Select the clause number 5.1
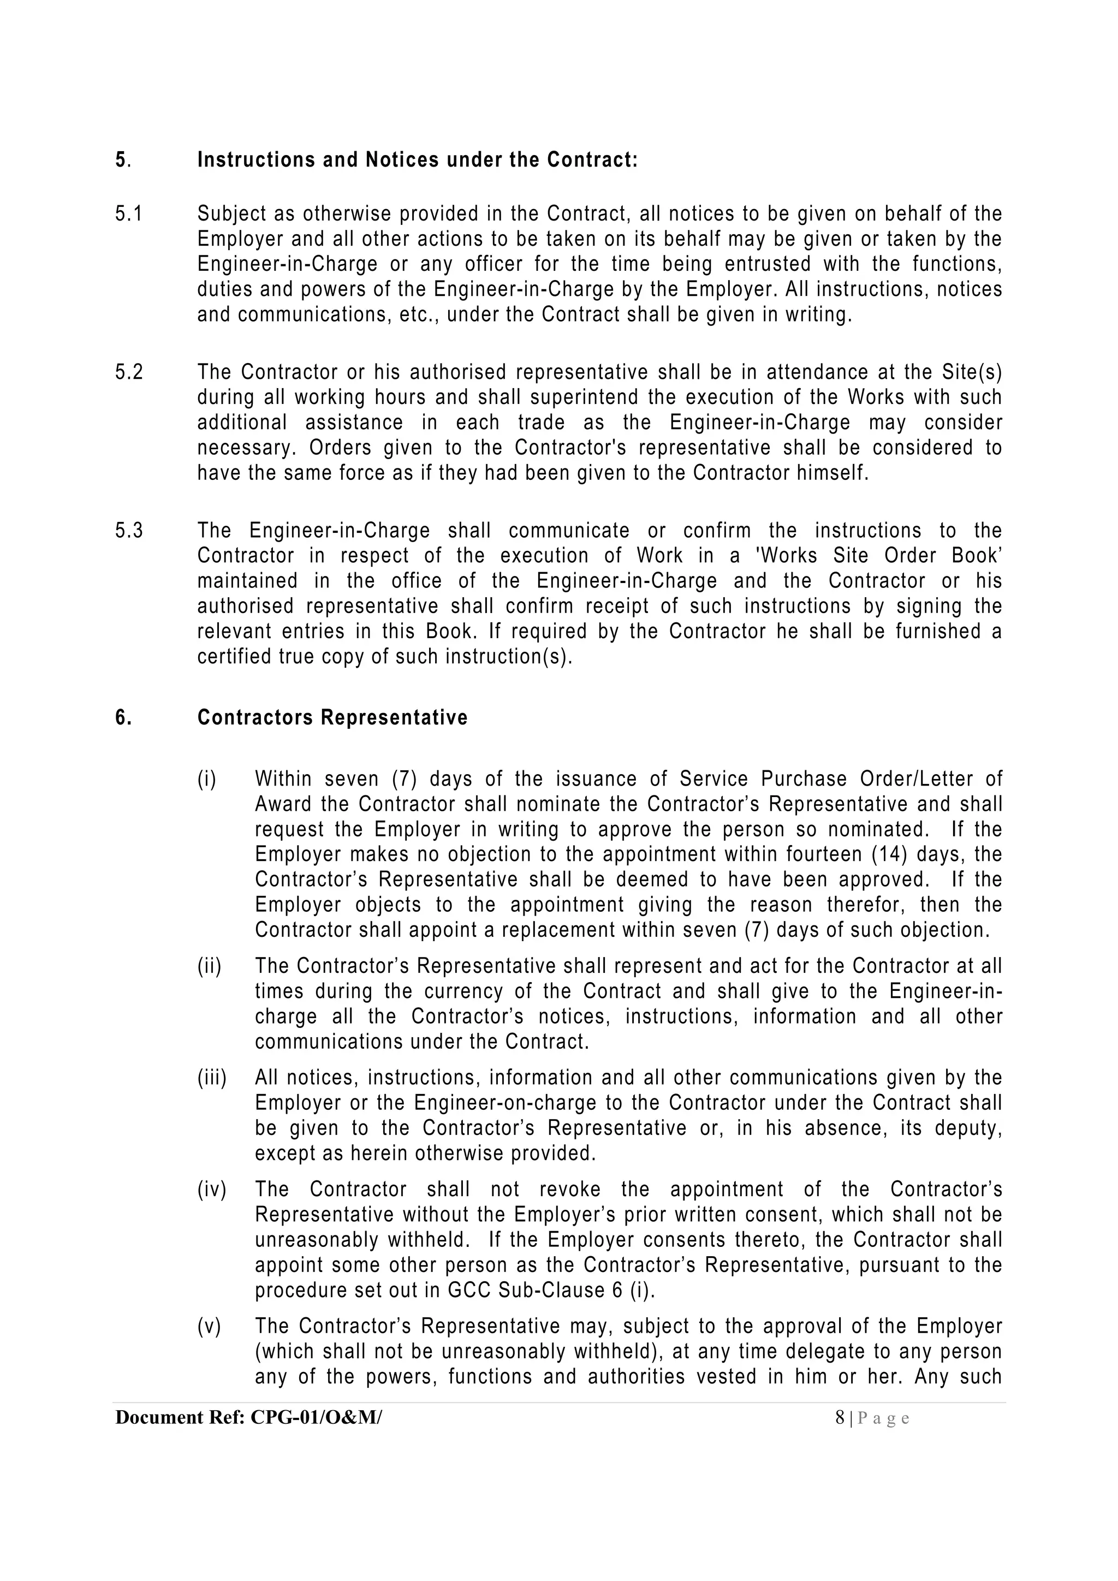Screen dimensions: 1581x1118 129,214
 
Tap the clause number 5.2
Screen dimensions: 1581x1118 129,372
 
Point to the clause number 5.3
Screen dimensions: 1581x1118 129,531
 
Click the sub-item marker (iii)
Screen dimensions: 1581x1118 212,1078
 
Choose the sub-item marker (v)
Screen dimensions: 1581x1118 209,1326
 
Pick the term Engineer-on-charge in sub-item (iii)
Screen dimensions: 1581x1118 506,1103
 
